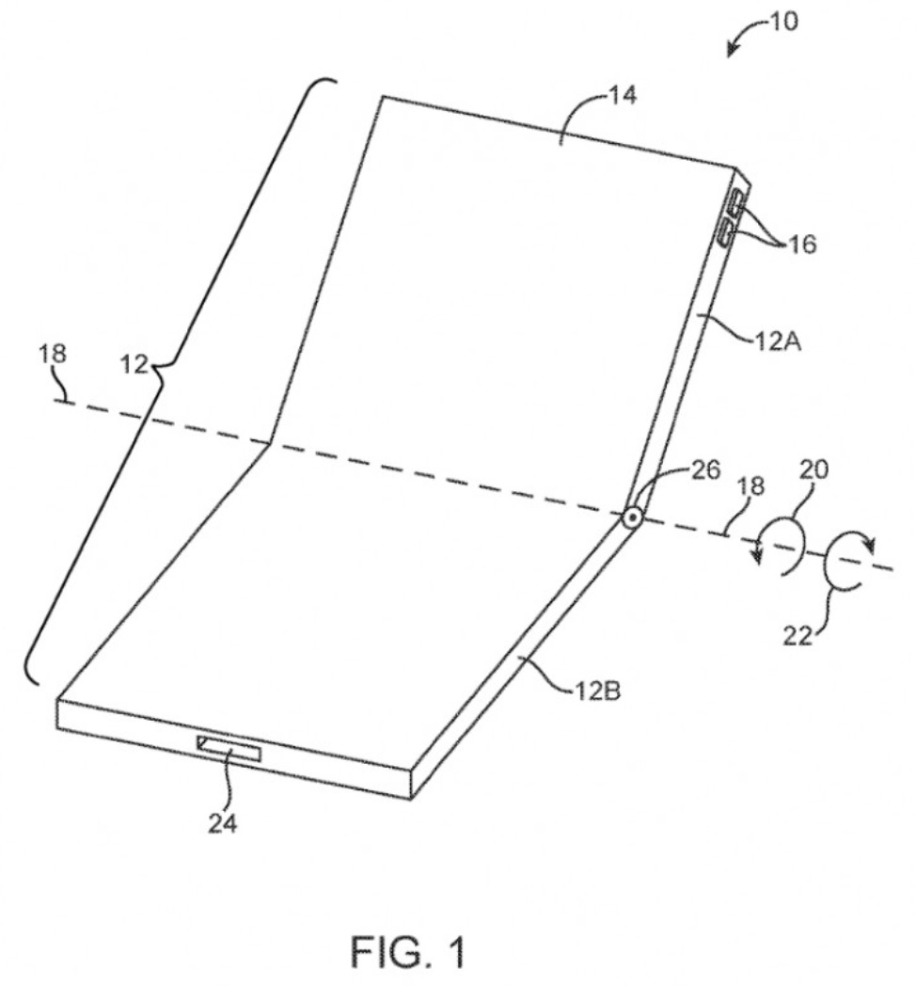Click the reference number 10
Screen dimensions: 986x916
pos(782,21)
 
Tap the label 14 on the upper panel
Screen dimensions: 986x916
pos(622,96)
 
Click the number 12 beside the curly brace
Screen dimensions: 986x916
pos(134,362)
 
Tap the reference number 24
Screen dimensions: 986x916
pos(224,823)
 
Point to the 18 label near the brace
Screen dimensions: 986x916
pos(54,354)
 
